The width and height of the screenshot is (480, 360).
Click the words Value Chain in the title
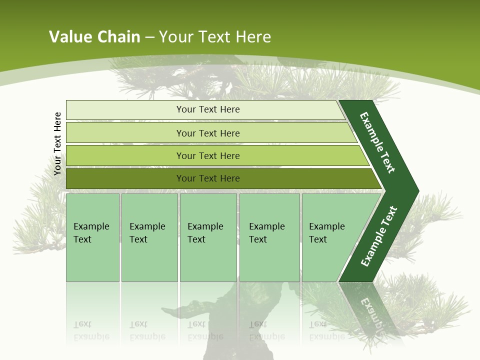click(94, 37)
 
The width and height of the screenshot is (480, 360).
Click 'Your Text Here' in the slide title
click(215, 37)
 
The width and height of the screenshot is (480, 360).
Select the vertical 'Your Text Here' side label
click(57, 144)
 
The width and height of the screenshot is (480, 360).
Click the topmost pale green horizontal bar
click(125, 110)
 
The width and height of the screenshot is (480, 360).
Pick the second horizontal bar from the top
click(125, 133)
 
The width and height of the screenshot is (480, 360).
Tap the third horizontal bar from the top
click(125, 155)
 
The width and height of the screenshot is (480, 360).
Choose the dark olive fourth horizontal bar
click(125, 178)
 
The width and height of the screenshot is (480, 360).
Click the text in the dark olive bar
click(208, 178)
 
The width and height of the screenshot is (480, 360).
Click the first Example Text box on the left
click(92, 237)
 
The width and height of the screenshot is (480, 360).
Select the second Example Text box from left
click(149, 237)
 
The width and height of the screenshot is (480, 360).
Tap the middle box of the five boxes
click(208, 237)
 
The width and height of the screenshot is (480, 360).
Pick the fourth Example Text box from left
click(269, 237)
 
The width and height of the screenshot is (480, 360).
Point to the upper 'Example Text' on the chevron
click(377, 142)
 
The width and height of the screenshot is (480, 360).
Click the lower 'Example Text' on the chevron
click(378, 236)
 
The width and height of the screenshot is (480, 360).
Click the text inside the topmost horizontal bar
click(208, 109)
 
